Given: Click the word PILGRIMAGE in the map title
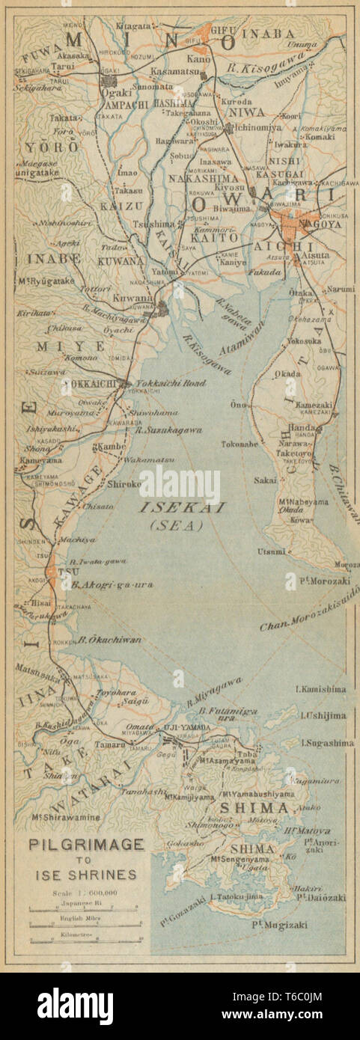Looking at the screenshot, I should click(86, 845).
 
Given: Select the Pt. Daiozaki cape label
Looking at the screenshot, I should click(321, 896).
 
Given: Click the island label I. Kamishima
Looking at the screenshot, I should click(323, 689).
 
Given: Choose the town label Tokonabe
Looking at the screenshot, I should click(240, 444).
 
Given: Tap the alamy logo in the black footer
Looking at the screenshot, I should click(75, 1006).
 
